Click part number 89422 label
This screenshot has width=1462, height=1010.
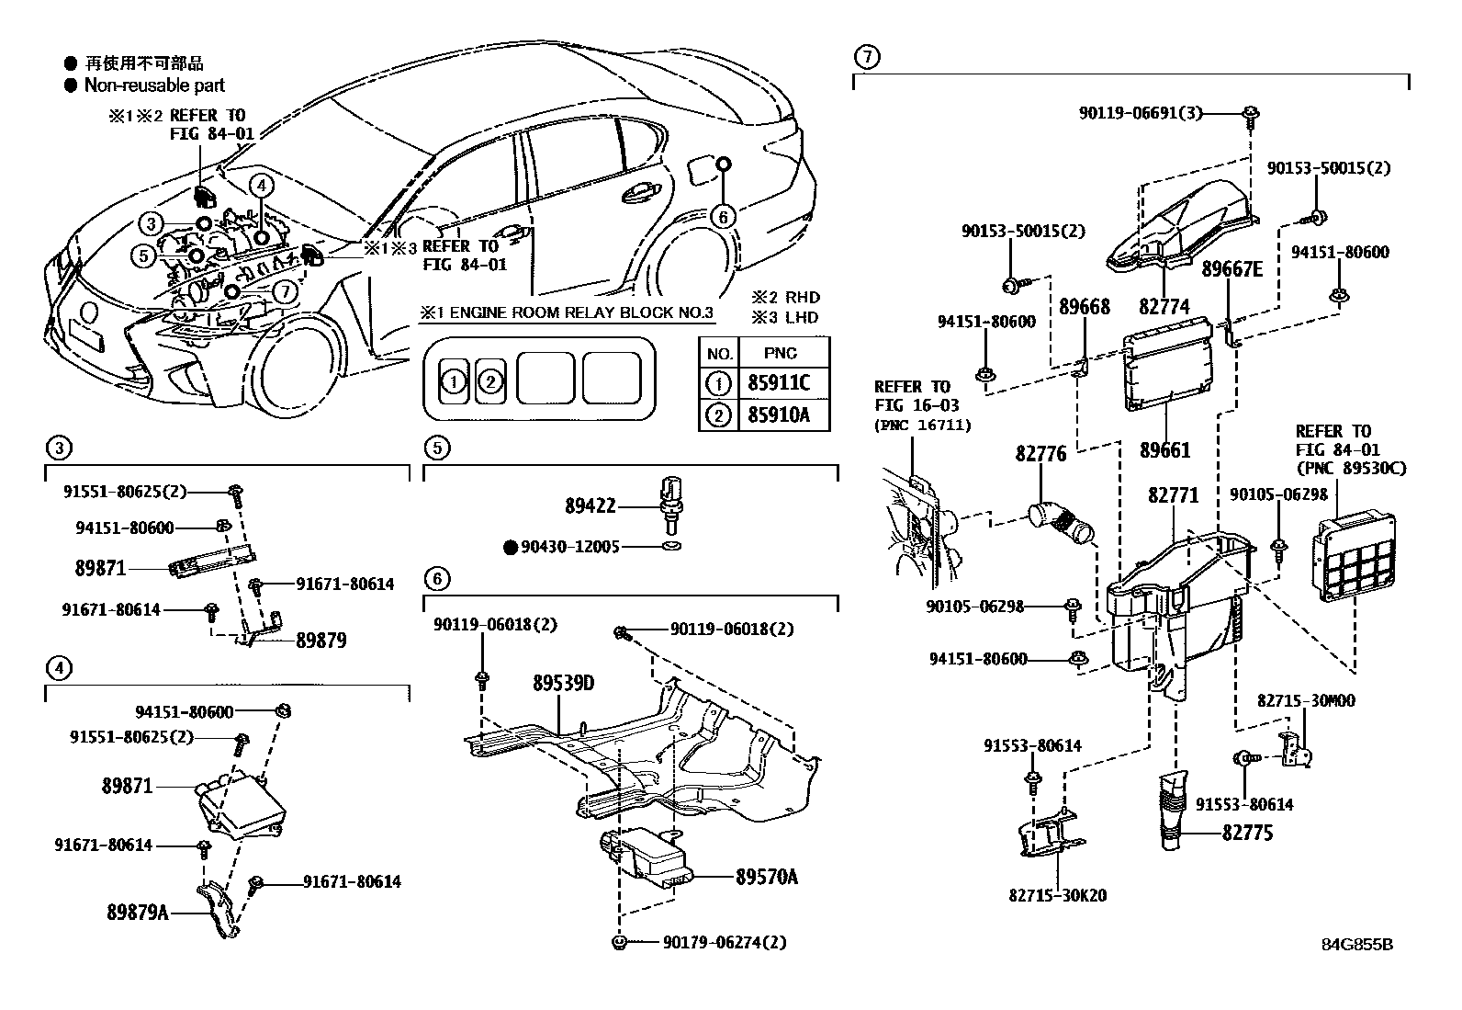(590, 506)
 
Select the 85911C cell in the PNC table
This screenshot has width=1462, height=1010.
(779, 383)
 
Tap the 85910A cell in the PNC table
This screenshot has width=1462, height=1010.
(779, 415)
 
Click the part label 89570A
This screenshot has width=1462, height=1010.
(766, 877)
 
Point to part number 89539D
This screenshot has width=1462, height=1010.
(563, 684)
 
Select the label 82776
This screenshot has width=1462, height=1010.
(1040, 454)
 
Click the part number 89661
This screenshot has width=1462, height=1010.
(1165, 450)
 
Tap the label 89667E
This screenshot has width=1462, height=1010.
(1232, 268)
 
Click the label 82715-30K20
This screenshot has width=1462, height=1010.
(1058, 895)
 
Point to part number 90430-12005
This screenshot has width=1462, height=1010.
(569, 547)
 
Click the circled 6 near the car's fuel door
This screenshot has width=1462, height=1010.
(723, 217)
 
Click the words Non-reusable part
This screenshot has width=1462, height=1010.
(154, 85)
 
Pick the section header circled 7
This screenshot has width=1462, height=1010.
(866, 57)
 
